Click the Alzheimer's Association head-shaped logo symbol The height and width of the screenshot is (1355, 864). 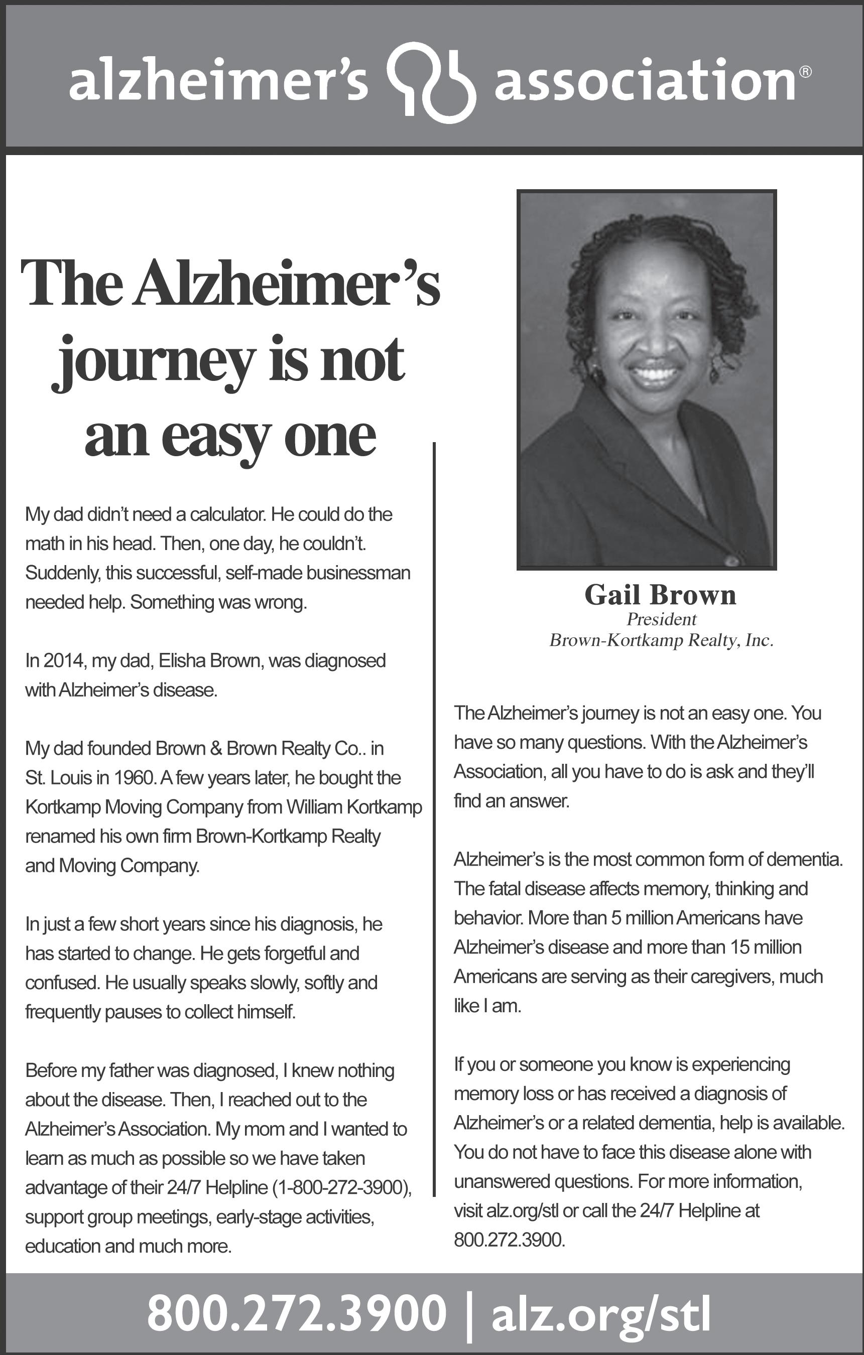coord(432,82)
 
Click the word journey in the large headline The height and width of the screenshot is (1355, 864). coord(154,360)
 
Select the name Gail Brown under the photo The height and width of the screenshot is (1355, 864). coord(660,595)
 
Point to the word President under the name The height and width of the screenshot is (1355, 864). coord(661,620)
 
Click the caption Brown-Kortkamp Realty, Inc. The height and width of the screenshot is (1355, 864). coord(661,640)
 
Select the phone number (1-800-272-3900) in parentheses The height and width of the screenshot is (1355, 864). coord(342,1187)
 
